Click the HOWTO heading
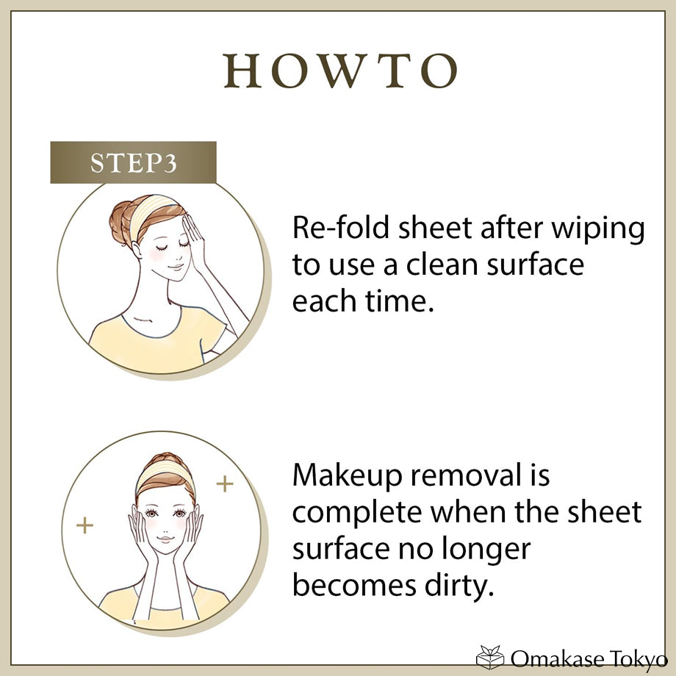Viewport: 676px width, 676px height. [x=340, y=71]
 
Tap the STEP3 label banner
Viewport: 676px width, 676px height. [x=133, y=162]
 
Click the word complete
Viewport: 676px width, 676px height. [x=357, y=513]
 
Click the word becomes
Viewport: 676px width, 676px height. [x=354, y=585]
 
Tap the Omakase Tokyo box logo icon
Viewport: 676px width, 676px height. [x=490, y=657]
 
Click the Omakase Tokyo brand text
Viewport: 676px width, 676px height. [x=589, y=658]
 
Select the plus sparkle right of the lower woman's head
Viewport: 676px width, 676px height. [x=225, y=483]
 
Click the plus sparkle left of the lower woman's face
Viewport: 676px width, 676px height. [x=84, y=525]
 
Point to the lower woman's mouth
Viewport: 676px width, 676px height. [x=165, y=539]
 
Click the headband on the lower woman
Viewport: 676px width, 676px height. [x=165, y=473]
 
